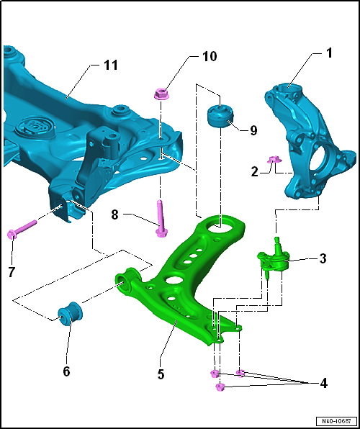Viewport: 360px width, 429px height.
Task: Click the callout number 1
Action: (328, 53)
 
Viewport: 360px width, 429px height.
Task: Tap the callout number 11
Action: (111, 65)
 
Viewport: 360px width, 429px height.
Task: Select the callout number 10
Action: (210, 56)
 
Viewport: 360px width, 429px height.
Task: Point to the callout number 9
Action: (253, 130)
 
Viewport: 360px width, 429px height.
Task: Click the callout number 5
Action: (161, 374)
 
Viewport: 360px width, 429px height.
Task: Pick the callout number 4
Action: (323, 384)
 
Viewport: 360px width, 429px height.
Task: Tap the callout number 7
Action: (12, 272)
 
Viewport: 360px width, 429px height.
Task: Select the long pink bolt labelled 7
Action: (22, 227)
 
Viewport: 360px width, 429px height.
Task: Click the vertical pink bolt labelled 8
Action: (161, 218)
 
